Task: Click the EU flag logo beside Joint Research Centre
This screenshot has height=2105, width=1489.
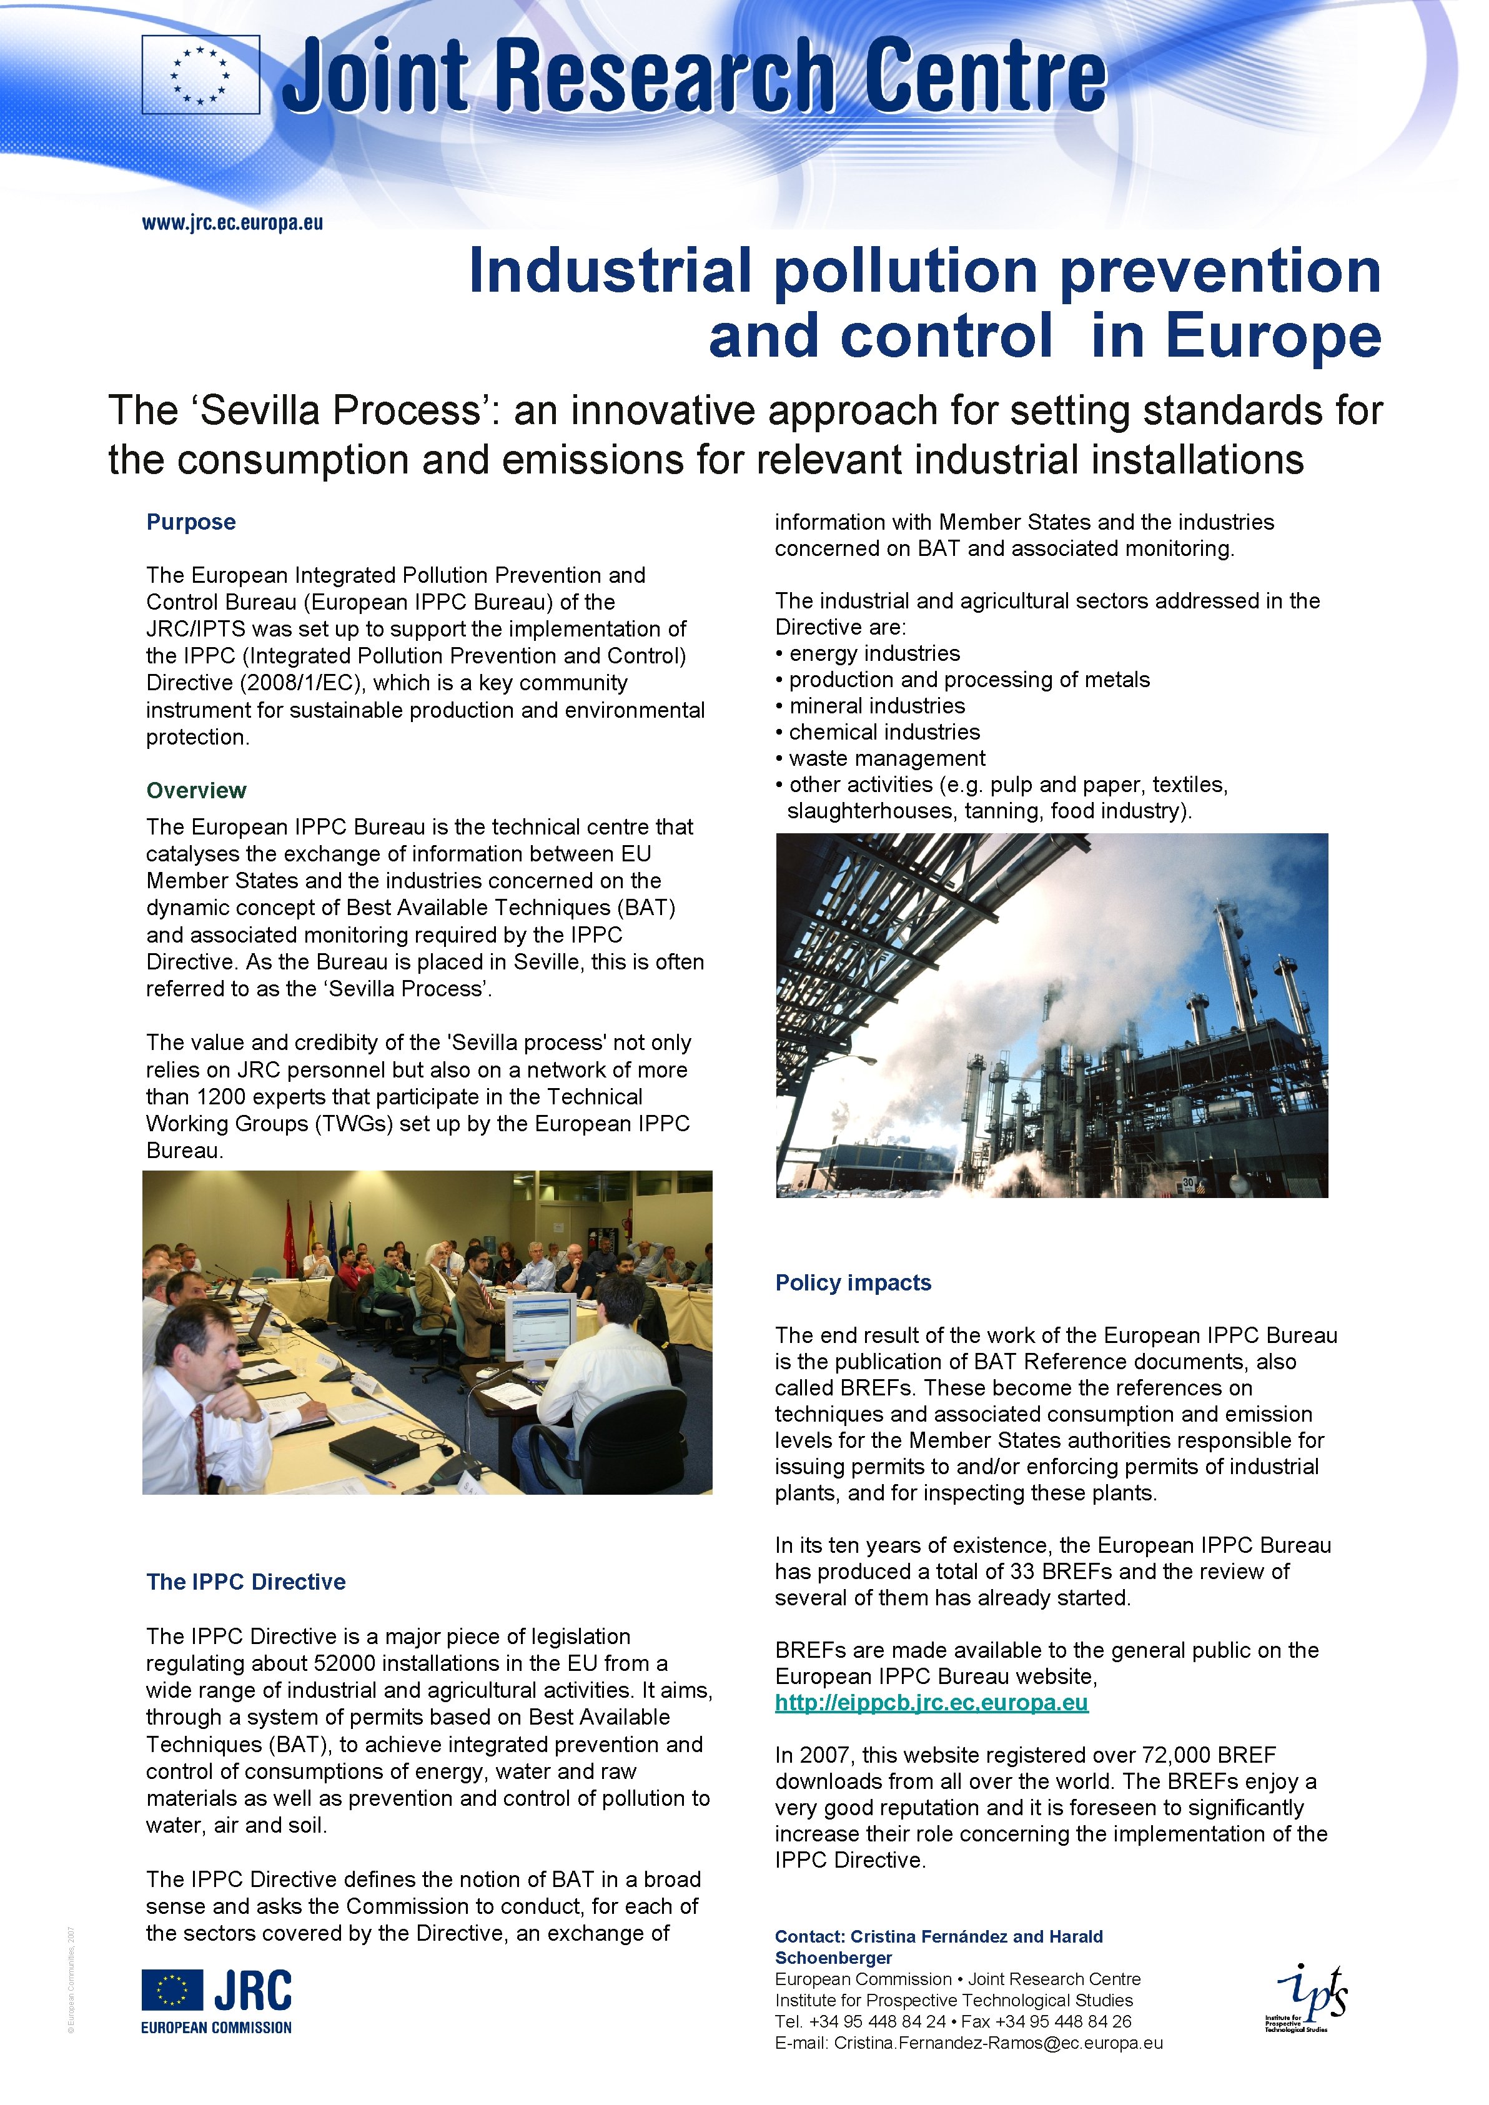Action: click(200, 74)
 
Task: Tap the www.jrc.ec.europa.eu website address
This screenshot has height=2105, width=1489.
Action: click(232, 223)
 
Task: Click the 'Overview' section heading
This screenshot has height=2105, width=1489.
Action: click(196, 790)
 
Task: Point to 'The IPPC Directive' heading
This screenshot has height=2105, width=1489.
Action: click(245, 1582)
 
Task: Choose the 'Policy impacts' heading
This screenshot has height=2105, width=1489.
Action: click(853, 1282)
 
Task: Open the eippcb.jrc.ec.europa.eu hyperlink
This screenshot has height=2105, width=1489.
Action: click(931, 1703)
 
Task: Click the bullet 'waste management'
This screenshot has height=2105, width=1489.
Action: click(887, 758)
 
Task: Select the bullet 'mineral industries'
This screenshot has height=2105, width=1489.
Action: click(876, 706)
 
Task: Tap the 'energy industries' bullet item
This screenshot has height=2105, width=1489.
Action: click(874, 654)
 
